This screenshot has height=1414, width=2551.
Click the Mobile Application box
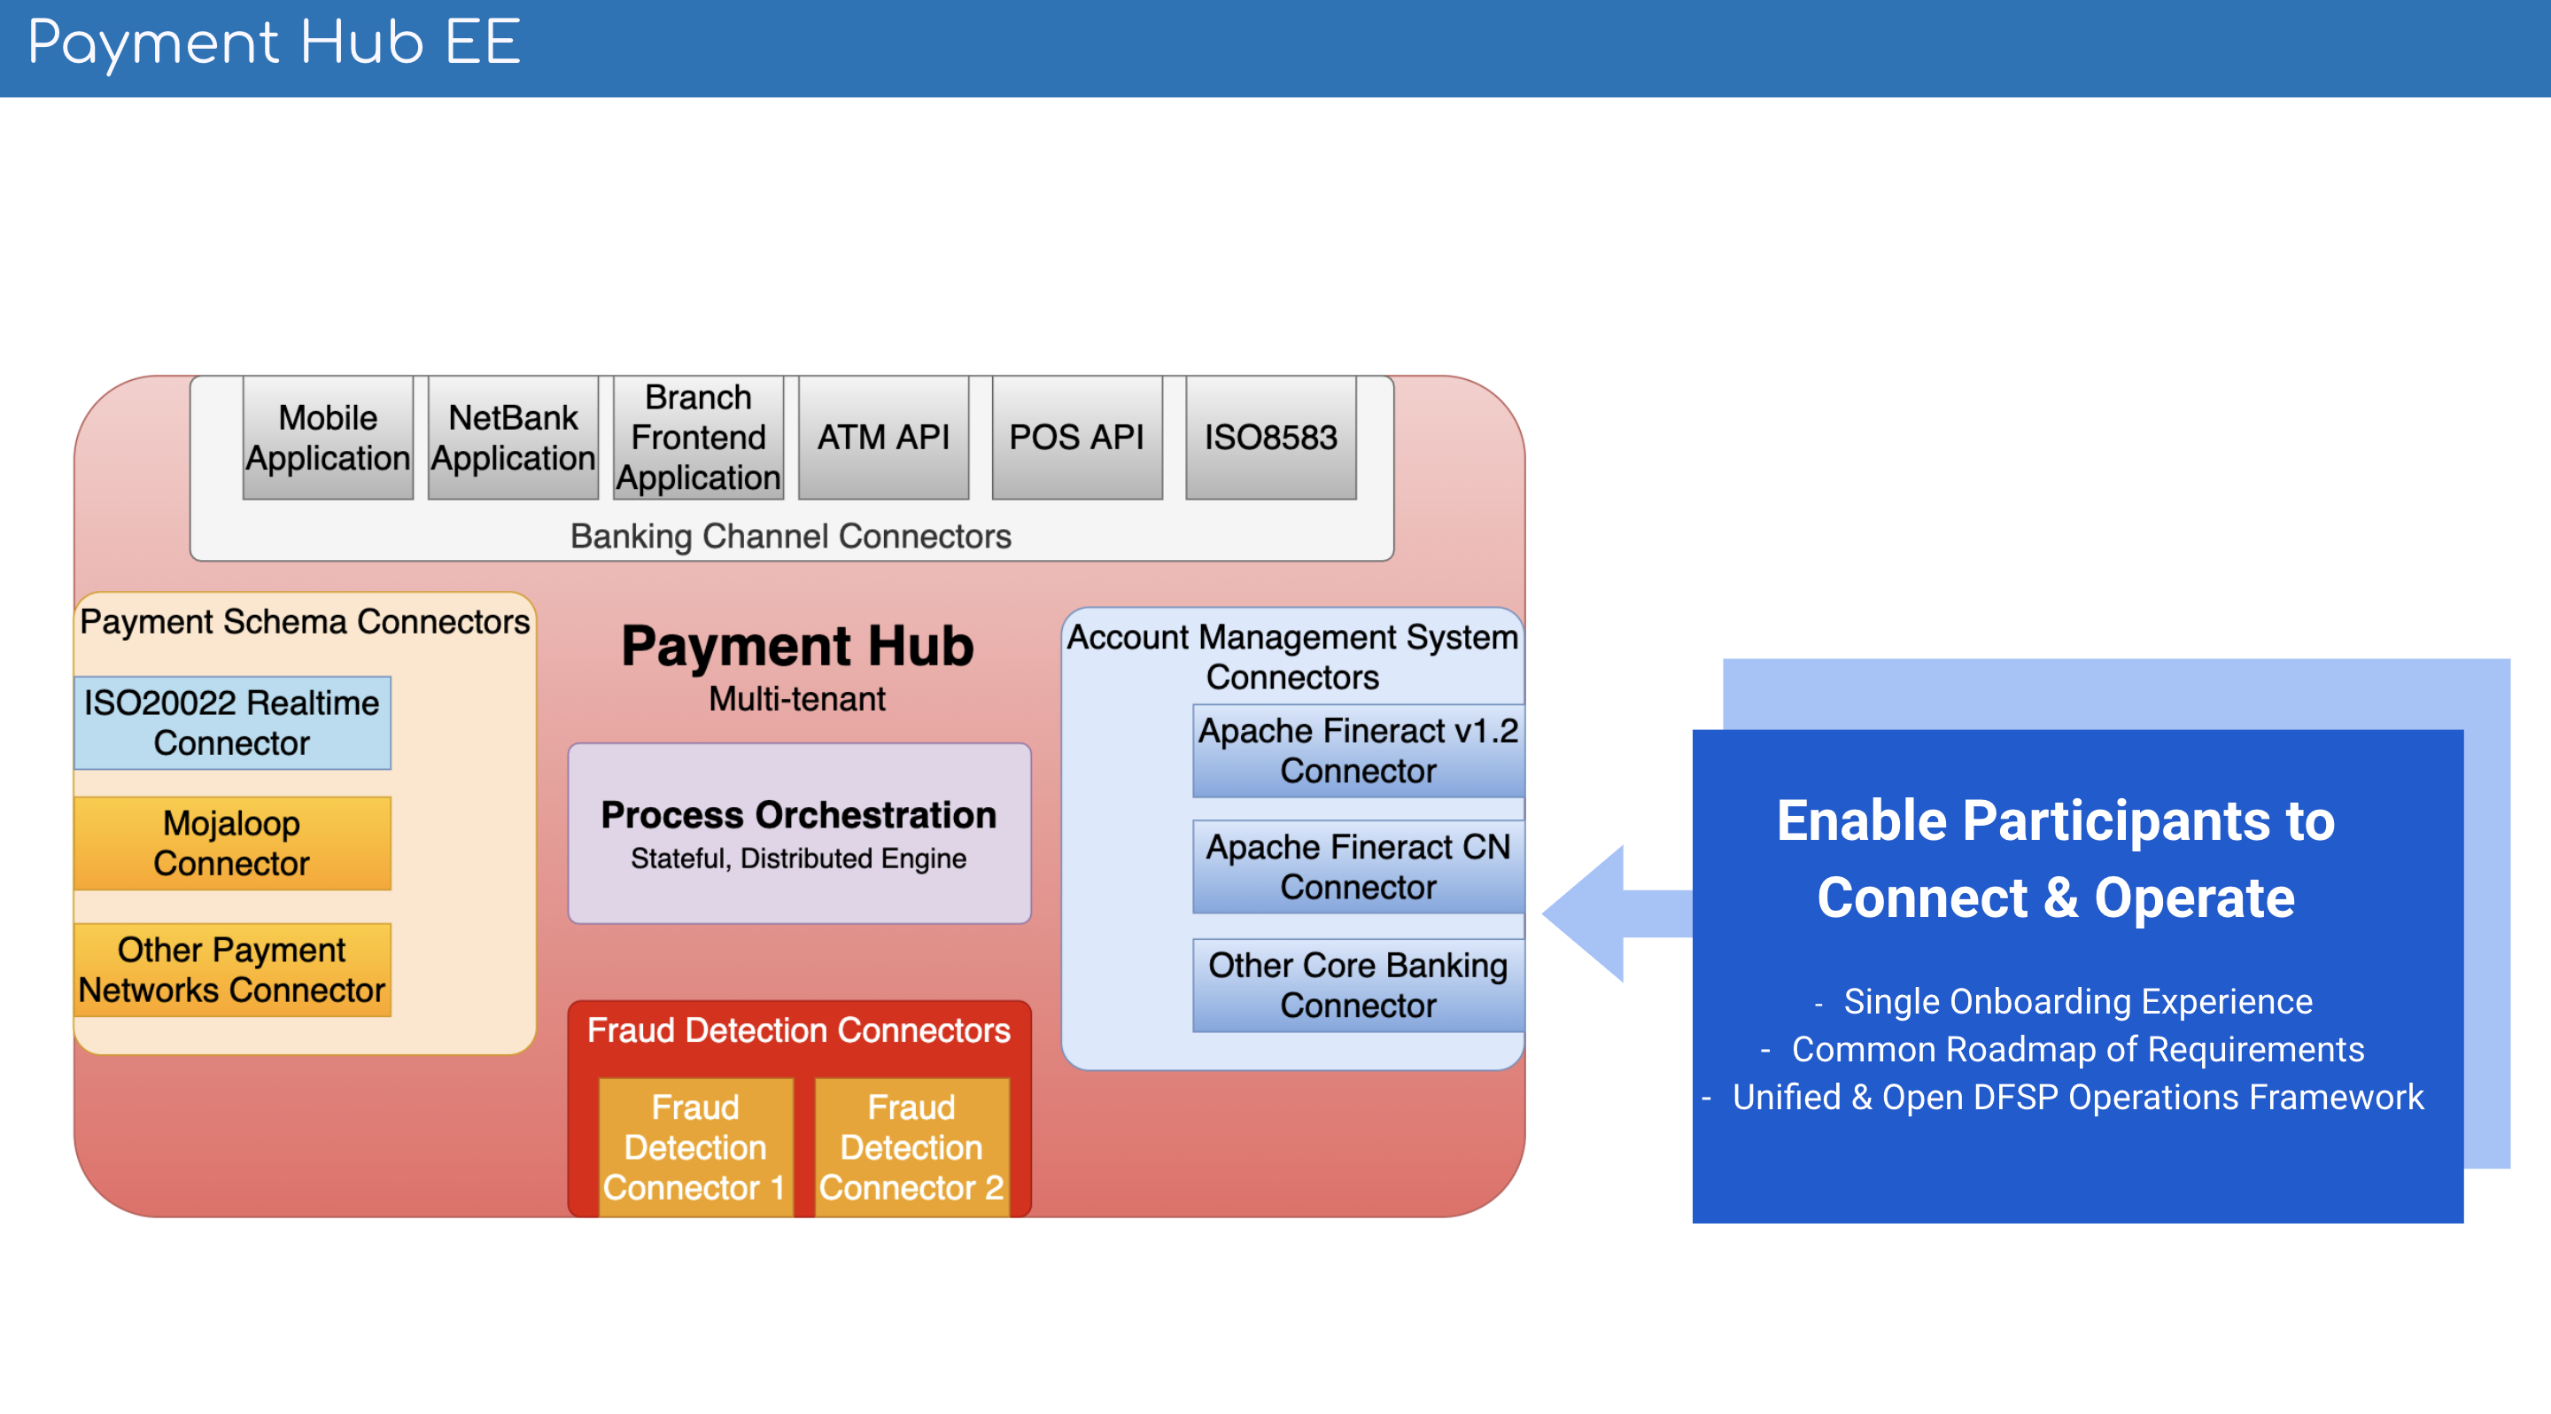[x=328, y=438]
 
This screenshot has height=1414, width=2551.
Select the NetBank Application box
[x=513, y=438]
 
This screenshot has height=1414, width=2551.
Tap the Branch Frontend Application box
[x=698, y=438]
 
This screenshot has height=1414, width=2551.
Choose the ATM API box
[x=883, y=438]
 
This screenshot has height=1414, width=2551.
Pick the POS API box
[x=1076, y=438]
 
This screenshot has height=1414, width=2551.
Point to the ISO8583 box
[x=1270, y=438]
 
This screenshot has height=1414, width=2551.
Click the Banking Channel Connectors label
[x=790, y=536]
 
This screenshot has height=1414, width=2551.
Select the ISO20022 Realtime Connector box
[x=232, y=723]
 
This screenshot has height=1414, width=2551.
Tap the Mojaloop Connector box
[x=232, y=843]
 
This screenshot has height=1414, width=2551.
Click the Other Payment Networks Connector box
[x=232, y=970]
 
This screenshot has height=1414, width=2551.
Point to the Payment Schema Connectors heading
[x=305, y=622]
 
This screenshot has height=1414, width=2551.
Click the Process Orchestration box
[x=798, y=834]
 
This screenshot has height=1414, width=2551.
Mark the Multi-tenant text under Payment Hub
[x=797, y=699]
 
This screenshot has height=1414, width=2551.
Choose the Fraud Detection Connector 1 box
[x=695, y=1146]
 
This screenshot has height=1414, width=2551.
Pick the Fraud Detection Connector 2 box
[x=911, y=1146]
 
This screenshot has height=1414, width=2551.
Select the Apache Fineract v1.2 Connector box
[x=1358, y=750]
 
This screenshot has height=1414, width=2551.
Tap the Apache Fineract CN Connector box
[x=1358, y=867]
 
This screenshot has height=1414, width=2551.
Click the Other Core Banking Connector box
[x=1358, y=985]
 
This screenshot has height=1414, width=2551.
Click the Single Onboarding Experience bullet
[x=2076, y=1001]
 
